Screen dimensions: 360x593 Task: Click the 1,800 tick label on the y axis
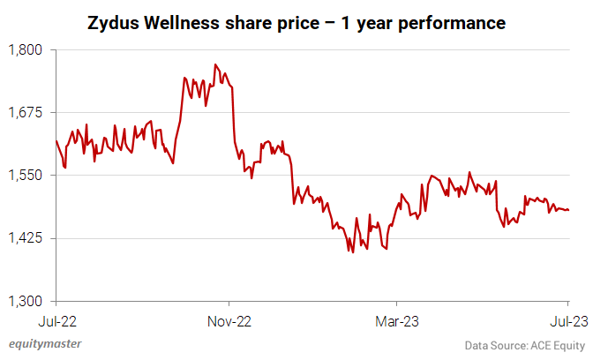tap(25, 49)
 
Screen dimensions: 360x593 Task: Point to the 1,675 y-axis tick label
tap(25, 112)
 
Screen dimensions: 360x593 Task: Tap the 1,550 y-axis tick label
tap(25, 175)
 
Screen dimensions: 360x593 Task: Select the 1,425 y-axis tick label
tap(25, 237)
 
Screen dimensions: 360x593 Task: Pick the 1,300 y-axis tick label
tap(25, 300)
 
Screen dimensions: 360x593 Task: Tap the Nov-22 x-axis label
tap(229, 320)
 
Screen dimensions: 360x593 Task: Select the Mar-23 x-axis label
tap(398, 320)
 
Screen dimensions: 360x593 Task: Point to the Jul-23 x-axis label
tap(566, 320)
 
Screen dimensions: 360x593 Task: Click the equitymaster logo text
tap(44, 344)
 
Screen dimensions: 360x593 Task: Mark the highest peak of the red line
tap(215, 64)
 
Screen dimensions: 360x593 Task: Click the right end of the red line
tap(569, 210)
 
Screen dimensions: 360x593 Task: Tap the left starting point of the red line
tap(56, 141)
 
